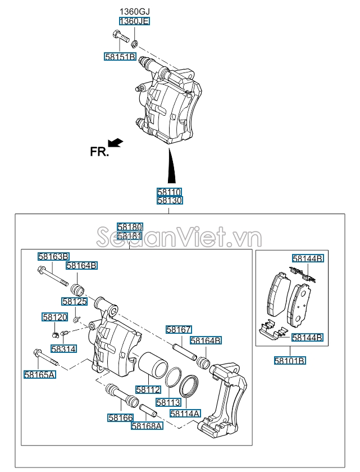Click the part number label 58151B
[x=120, y=57]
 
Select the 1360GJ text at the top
[x=134, y=11]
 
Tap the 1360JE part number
[x=134, y=21]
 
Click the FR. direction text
[x=99, y=151]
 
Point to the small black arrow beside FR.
[x=115, y=143]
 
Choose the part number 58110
[x=170, y=192]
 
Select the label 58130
[x=170, y=200]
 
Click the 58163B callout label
[x=53, y=256]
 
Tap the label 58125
[x=75, y=302]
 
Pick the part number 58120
[x=54, y=317]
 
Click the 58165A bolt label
[x=39, y=374]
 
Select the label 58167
[x=179, y=329]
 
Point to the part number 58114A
[x=185, y=414]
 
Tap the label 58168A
[x=147, y=426]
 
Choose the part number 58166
[x=121, y=417]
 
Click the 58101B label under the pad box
[x=290, y=360]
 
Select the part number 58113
[x=168, y=402]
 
